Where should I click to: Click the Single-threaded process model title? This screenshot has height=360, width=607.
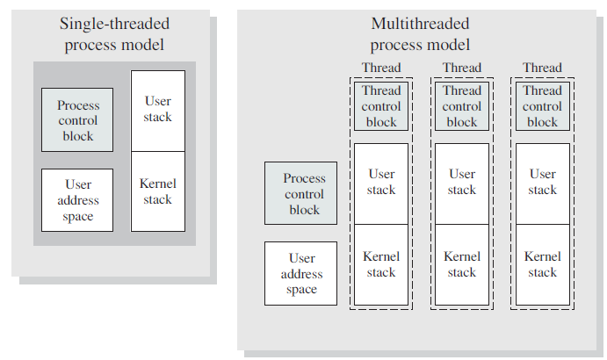114,35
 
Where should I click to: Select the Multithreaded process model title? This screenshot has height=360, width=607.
420,35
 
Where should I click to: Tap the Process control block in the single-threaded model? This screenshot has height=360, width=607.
77,119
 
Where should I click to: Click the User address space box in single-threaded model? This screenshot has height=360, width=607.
77,200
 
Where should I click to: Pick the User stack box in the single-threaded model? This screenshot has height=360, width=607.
158,111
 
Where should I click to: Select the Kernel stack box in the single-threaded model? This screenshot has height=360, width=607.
158,191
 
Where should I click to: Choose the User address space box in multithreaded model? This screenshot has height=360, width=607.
301,274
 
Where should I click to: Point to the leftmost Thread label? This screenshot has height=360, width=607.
381,68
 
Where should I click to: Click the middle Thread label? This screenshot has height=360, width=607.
462,68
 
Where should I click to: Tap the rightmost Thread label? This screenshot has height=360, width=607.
543,68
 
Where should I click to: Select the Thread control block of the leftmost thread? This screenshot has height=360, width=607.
381,106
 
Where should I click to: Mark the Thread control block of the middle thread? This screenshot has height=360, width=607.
462,106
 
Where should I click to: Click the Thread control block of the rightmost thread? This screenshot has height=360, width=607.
543,106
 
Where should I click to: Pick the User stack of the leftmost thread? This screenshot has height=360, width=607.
381,183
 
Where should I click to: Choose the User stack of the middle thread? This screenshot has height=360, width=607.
462,183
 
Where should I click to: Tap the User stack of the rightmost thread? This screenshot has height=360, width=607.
543,183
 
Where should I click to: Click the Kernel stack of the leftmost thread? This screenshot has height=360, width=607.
381,264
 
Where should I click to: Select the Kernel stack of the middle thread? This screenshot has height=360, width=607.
462,264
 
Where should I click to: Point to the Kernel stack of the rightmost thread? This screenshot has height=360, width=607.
543,264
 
